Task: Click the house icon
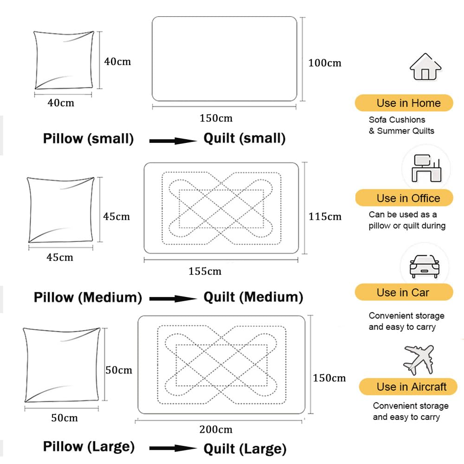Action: pyautogui.click(x=425, y=67)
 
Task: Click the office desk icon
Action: pyautogui.click(x=426, y=168)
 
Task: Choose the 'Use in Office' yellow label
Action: pyautogui.click(x=404, y=198)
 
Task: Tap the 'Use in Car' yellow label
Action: pyautogui.click(x=404, y=292)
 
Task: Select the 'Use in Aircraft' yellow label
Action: pyautogui.click(x=408, y=387)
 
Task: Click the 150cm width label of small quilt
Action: pyautogui.click(x=216, y=118)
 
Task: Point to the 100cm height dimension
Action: pyautogui.click(x=325, y=63)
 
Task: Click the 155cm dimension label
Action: pyautogui.click(x=205, y=271)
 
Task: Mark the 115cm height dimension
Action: pyautogui.click(x=325, y=216)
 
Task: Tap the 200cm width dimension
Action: pyautogui.click(x=216, y=429)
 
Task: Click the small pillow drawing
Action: pyautogui.click(x=64, y=60)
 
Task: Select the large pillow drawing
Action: pyautogui.click(x=62, y=365)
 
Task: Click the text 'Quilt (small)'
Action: pyautogui.click(x=245, y=138)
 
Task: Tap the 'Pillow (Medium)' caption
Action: pyautogui.click(x=88, y=297)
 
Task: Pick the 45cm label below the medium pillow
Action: pyautogui.click(x=60, y=257)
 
